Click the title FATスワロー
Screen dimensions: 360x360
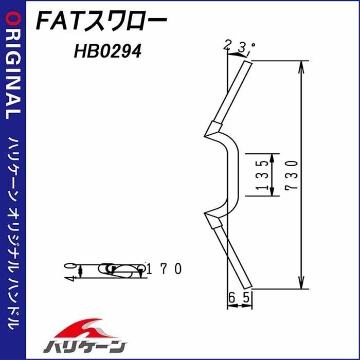point(101,22)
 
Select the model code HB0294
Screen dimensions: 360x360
point(107,51)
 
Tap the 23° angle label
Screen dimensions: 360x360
point(239,47)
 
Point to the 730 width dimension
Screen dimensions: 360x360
point(292,175)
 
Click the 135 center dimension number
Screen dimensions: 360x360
point(262,175)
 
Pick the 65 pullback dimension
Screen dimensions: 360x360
point(239,298)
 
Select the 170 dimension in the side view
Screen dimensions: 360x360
point(164,268)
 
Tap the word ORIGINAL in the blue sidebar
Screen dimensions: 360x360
point(13,66)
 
